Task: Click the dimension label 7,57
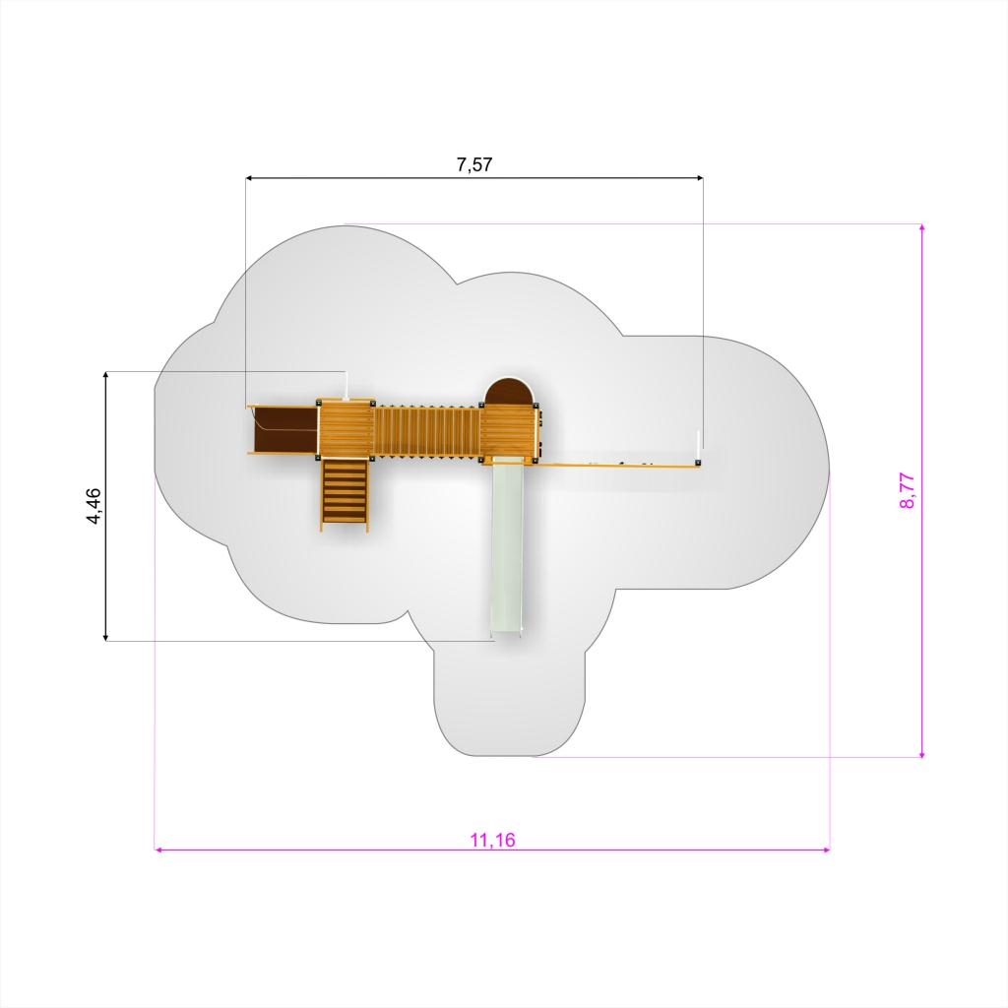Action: pos(474,164)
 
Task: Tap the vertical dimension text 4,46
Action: pos(94,506)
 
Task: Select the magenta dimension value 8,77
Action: pos(907,490)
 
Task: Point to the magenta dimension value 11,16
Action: pos(492,840)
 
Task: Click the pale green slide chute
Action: pos(507,547)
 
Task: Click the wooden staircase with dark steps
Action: pos(345,493)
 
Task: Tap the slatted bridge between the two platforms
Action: pos(427,431)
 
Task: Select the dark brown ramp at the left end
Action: pos(283,429)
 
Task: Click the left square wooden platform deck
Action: pos(346,428)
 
